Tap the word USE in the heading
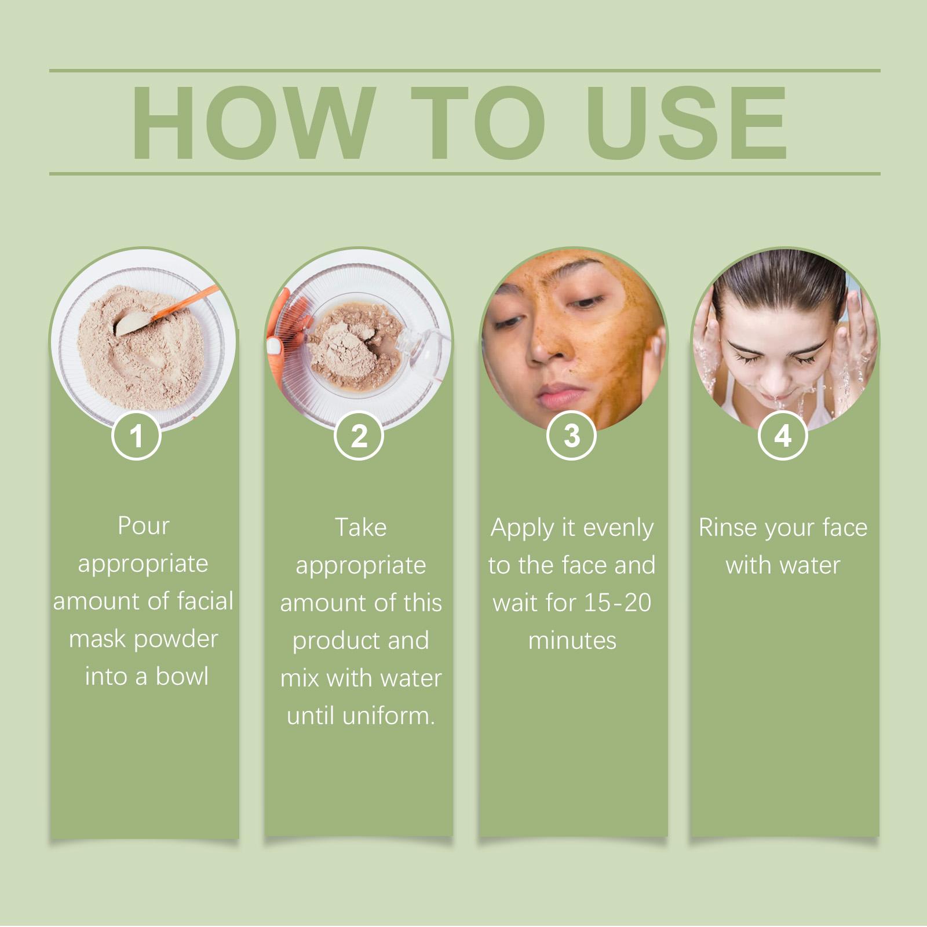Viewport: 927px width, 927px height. point(688,122)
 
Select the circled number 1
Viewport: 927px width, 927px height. point(136,436)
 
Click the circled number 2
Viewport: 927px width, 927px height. point(359,436)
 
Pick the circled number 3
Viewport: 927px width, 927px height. point(572,436)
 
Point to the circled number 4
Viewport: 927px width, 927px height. point(783,436)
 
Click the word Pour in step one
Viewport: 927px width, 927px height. point(143,525)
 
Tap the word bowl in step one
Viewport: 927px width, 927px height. point(182,676)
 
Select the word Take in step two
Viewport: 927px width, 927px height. point(360,527)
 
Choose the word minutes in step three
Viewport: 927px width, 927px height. point(572,640)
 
